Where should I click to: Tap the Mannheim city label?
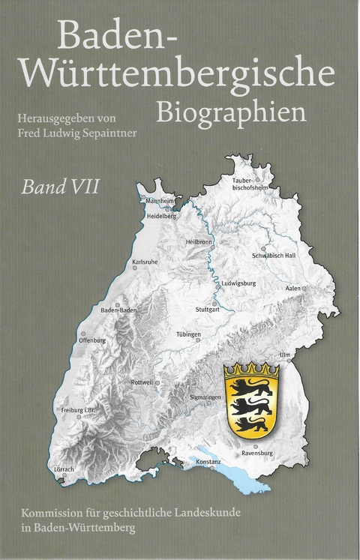[x=160, y=202]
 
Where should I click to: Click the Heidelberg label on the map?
[x=161, y=216]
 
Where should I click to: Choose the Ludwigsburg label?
[x=239, y=283]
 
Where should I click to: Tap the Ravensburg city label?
[x=258, y=453]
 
